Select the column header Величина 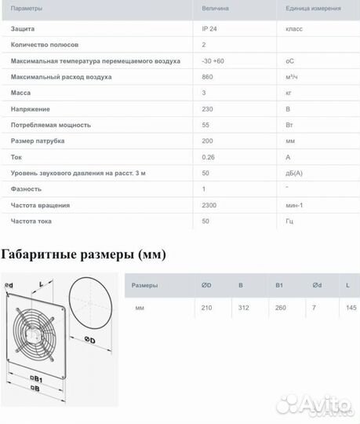(216, 8)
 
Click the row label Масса (20, 93)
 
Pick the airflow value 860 (209, 78)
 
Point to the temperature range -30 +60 (213, 61)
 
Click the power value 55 (206, 125)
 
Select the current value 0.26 (209, 157)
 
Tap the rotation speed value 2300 (210, 205)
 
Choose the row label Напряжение (30, 109)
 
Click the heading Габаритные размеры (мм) (84, 254)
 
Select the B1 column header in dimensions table (279, 285)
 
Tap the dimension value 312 (243, 308)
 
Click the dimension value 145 (350, 308)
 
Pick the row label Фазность (26, 189)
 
